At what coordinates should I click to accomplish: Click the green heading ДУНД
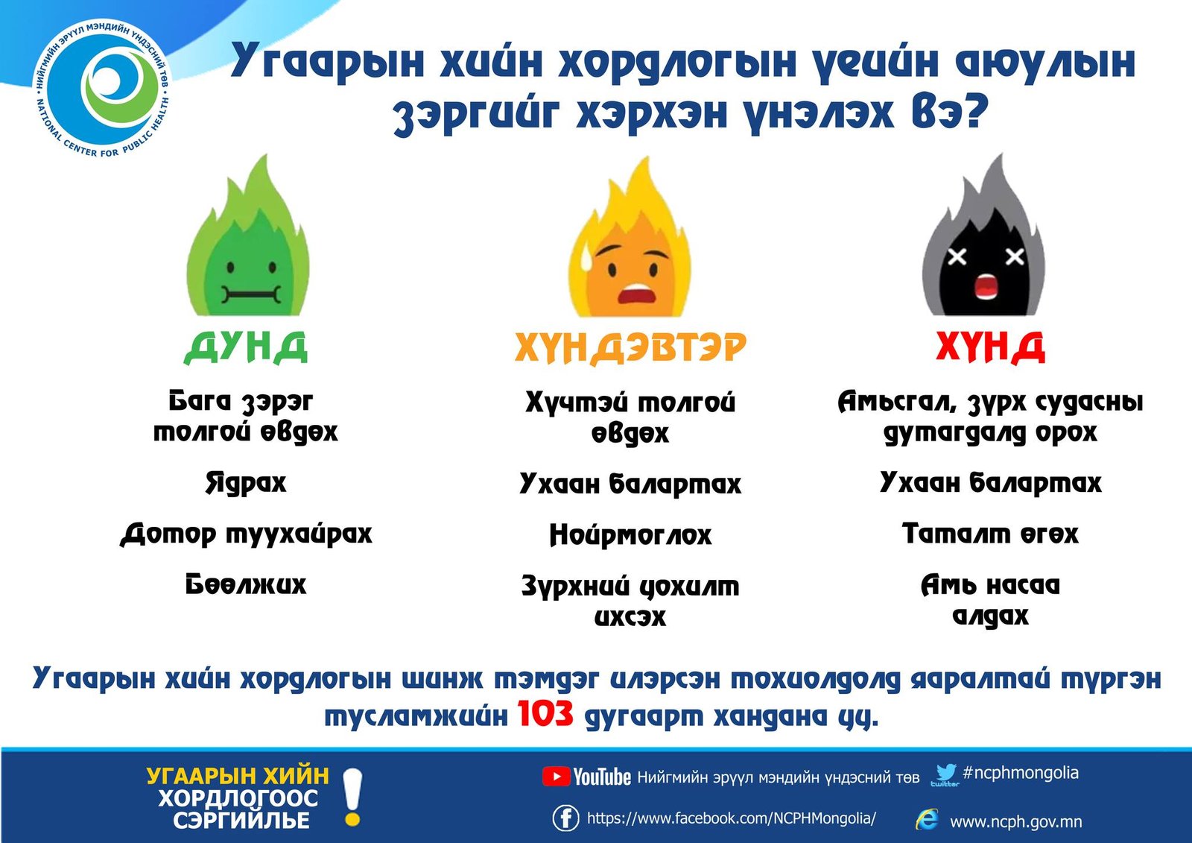[x=246, y=347]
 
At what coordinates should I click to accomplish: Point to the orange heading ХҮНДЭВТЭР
[x=630, y=347]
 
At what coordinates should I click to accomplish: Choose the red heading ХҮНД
[x=990, y=347]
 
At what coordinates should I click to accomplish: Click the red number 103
[x=545, y=714]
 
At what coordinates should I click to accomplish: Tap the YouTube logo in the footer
[x=586, y=777]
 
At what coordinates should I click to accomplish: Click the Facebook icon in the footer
[x=565, y=818]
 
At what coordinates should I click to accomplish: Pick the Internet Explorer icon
[x=926, y=819]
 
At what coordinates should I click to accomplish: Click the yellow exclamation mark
[x=352, y=798]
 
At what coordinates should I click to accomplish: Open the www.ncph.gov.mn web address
[x=1015, y=821]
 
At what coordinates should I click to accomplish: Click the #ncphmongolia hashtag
[x=1020, y=773]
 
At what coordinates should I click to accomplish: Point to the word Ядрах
[x=246, y=483]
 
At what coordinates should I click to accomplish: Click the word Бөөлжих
[x=246, y=584]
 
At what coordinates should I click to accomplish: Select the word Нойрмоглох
[x=630, y=534]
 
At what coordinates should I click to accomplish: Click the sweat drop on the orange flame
[x=586, y=259]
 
